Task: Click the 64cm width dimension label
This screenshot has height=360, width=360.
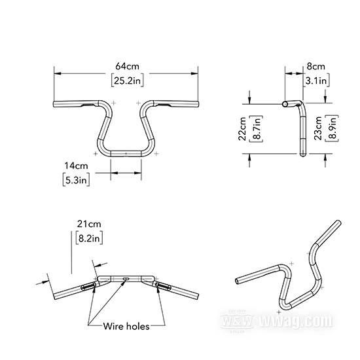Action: coord(127,66)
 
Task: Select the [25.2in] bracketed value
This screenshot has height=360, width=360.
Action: coord(128,81)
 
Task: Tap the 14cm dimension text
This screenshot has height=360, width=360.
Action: coord(76,166)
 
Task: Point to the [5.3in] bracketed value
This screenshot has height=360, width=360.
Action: coord(76,180)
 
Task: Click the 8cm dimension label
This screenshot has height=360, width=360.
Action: coord(316,67)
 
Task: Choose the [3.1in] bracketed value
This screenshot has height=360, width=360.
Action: coord(316,81)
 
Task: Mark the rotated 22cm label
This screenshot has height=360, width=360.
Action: coord(242,128)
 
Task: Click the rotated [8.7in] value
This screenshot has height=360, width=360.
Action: coord(256,128)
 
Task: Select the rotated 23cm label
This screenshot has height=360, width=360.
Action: coord(318,128)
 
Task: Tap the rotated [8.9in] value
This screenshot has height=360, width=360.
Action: coord(332,128)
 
